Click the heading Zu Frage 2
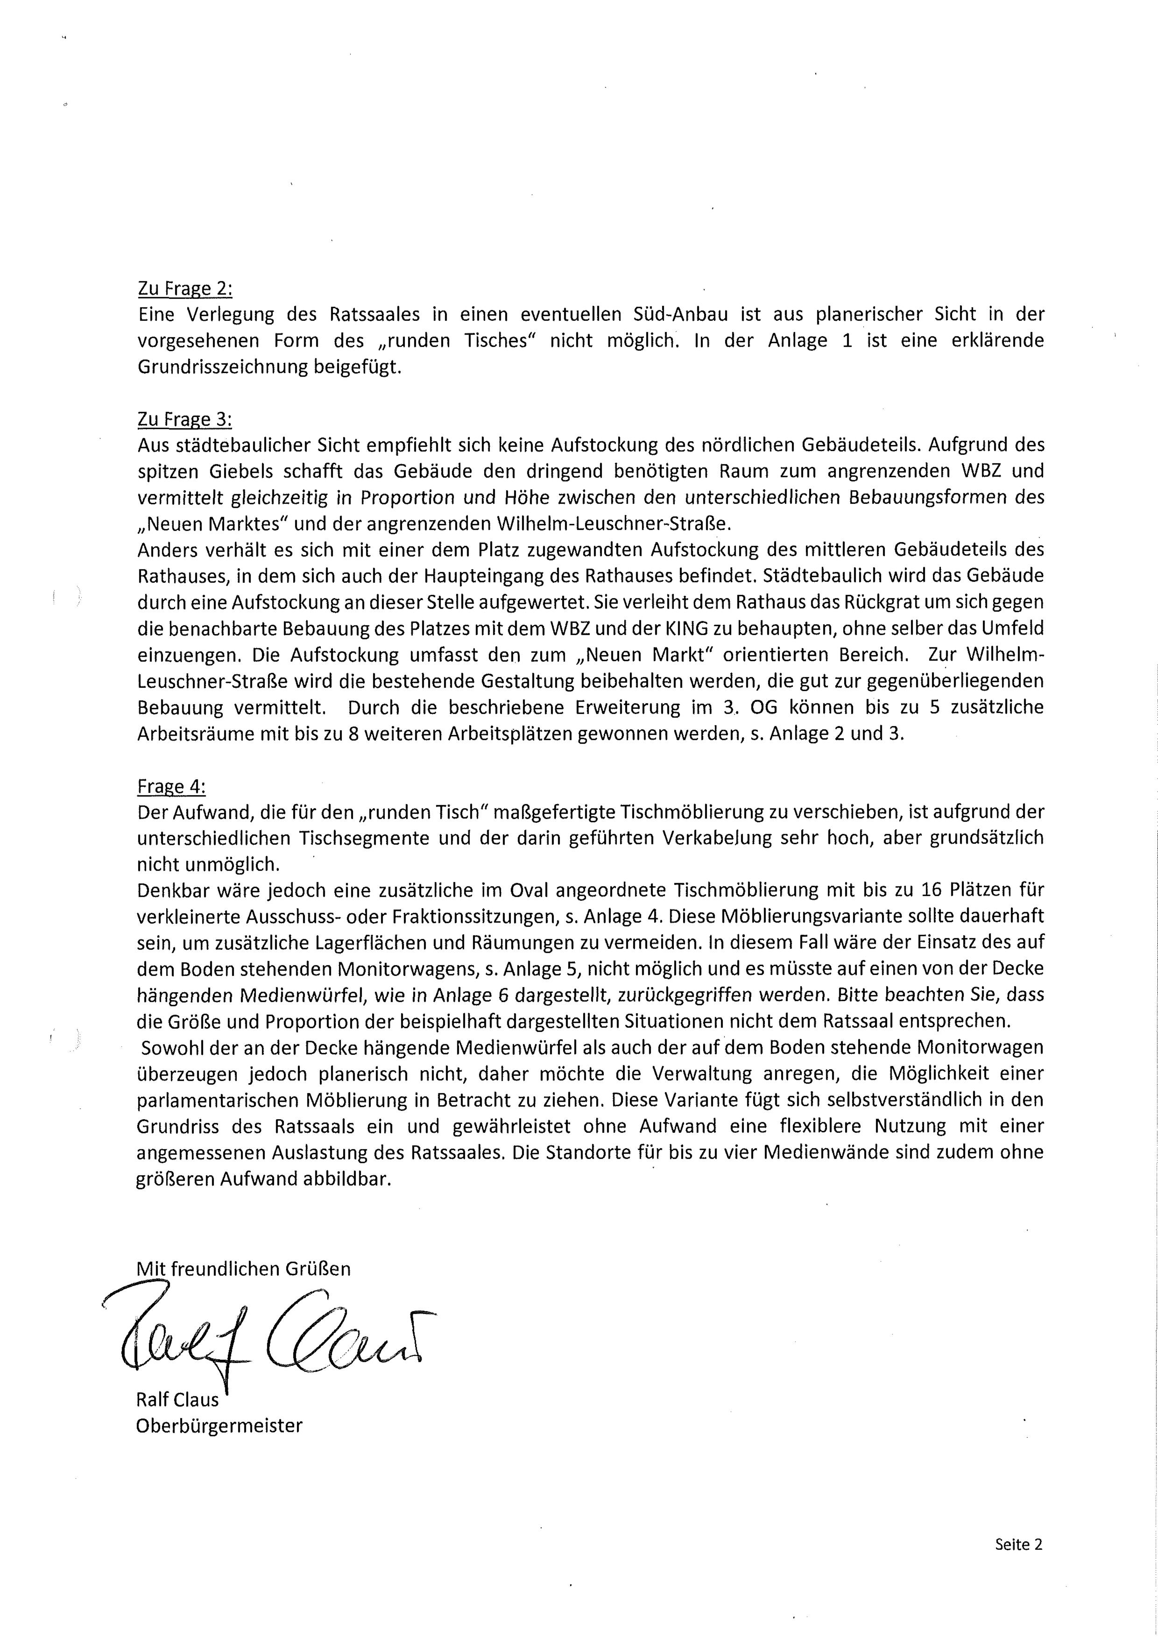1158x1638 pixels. click(185, 289)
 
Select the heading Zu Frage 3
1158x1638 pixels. click(185, 419)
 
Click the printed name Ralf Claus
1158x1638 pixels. click(177, 1400)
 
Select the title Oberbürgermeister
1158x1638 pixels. click(219, 1426)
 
